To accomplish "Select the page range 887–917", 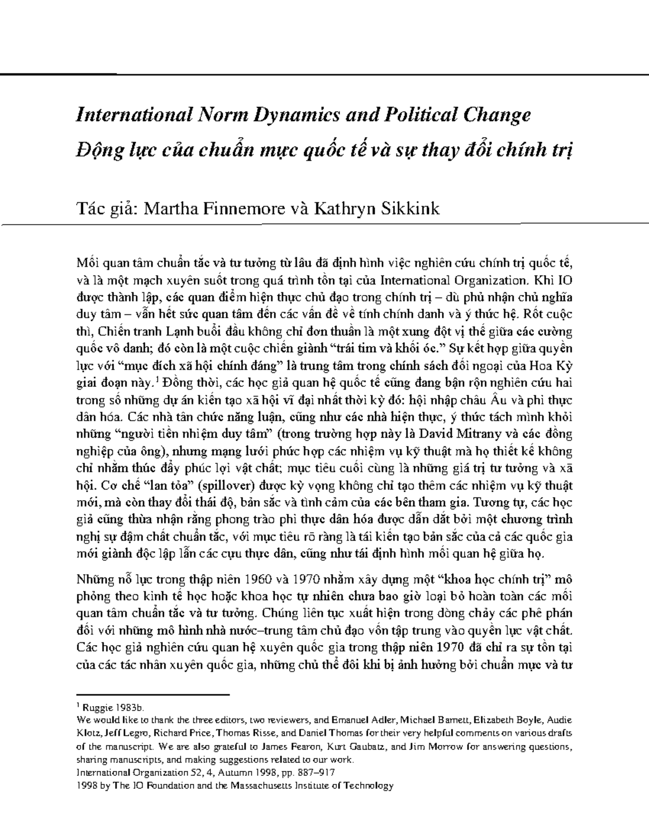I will [322, 773].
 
